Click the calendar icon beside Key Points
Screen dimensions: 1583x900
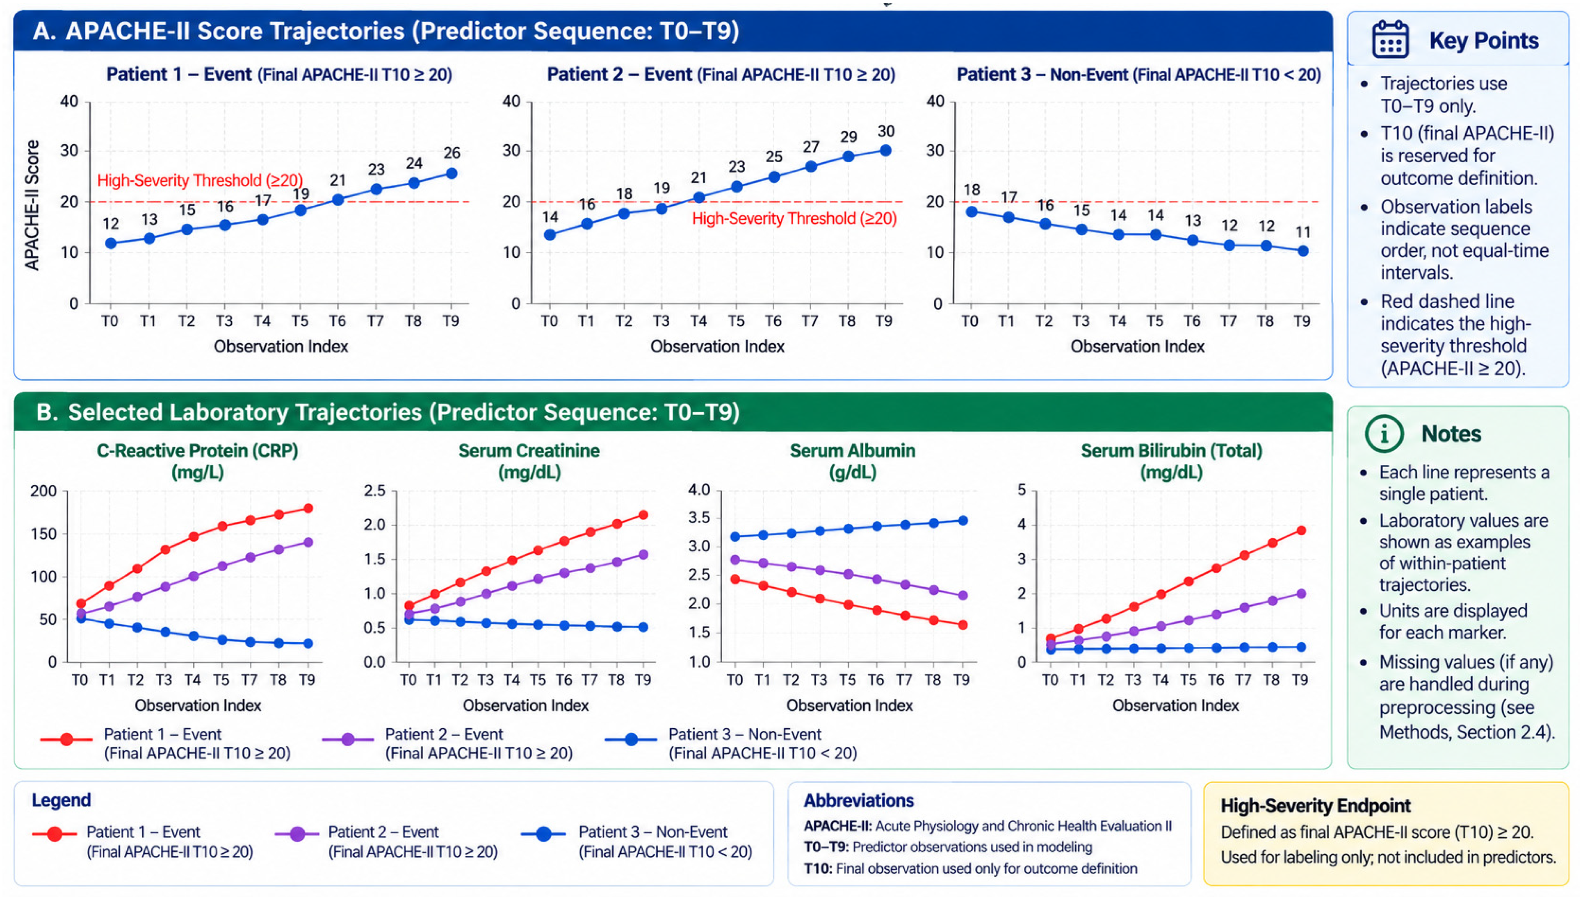pos(1390,40)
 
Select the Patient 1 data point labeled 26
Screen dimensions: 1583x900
pos(452,174)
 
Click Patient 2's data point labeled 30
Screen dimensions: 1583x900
pos(885,150)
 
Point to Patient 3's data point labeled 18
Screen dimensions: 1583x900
pos(972,211)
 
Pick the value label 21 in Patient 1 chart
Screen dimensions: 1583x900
pos(338,180)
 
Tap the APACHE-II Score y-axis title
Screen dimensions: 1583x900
pos(32,205)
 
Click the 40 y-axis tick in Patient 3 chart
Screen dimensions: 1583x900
pos(935,101)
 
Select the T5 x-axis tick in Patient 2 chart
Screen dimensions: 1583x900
pos(736,321)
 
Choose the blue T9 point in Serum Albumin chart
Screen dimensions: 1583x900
pos(963,520)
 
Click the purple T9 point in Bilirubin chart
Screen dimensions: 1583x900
pos(1301,593)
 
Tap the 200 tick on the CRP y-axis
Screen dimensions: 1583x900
pos(43,491)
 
